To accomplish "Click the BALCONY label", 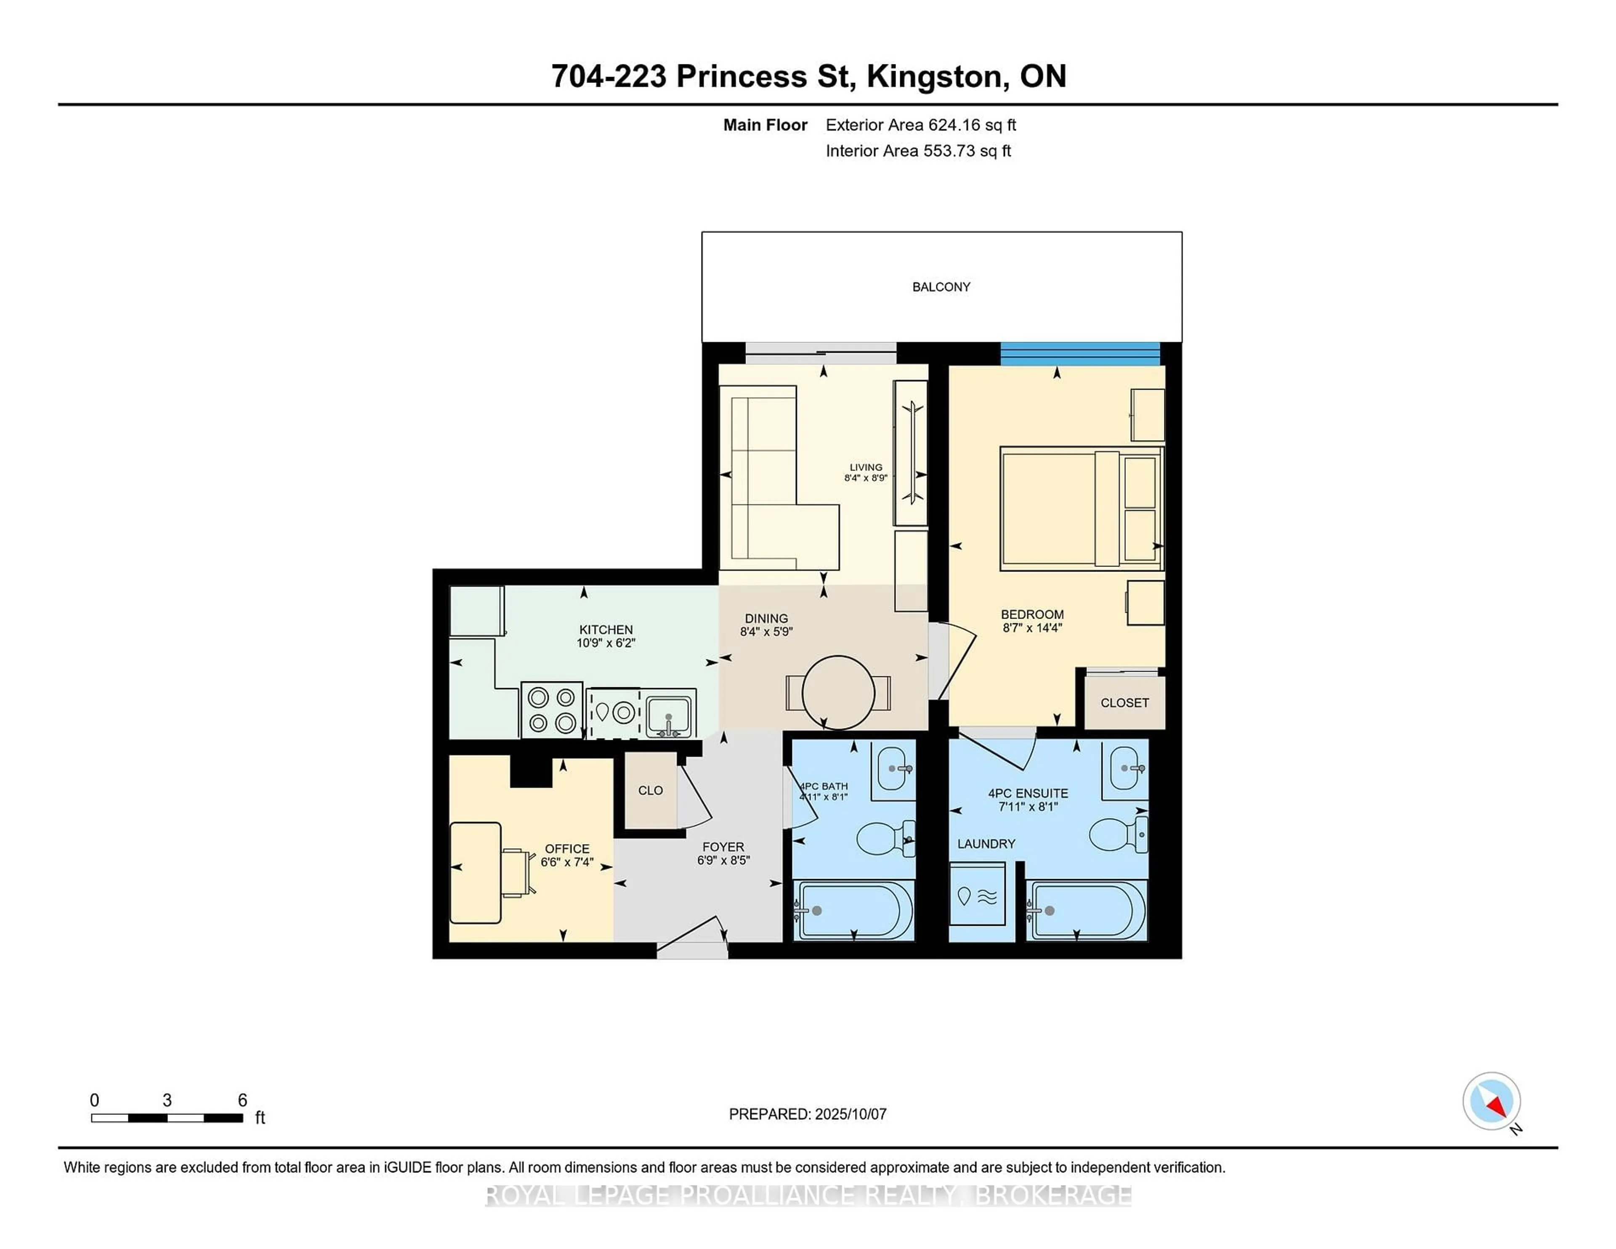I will pos(941,287).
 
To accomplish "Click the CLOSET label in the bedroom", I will pos(1124,703).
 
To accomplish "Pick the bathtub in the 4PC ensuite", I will pos(1086,911).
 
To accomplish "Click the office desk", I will pos(475,873).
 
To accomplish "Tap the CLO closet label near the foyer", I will pos(650,790).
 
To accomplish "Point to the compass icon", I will pos(1491,1100).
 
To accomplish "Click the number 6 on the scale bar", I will pos(242,1100).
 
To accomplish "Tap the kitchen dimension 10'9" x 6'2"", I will pos(606,643).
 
